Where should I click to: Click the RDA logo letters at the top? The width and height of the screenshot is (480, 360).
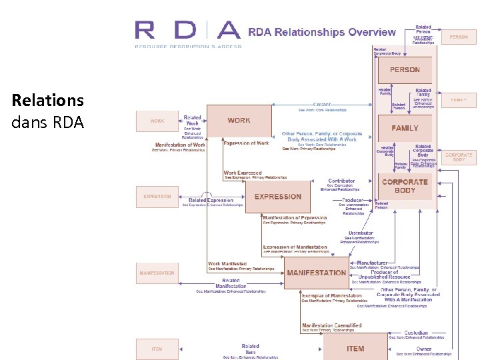click(187, 31)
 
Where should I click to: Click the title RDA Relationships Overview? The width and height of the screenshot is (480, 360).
click(321, 32)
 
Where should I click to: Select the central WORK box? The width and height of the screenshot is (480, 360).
click(239, 121)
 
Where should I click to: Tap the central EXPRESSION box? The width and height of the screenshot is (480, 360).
click(277, 197)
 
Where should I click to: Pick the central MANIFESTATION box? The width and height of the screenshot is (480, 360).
click(317, 273)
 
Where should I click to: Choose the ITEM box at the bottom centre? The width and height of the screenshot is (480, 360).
click(355, 348)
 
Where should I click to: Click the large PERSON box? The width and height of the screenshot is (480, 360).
click(405, 70)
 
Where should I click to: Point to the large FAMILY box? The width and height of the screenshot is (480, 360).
click(405, 128)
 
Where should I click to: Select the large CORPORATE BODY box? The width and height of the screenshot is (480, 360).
click(404, 186)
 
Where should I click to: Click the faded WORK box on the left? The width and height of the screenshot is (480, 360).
click(157, 121)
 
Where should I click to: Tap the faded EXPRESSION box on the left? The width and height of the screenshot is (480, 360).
click(157, 197)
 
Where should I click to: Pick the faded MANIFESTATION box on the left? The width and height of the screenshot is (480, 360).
click(157, 273)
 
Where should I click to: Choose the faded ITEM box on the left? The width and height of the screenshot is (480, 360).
click(157, 349)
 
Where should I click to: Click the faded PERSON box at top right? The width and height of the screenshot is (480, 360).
click(459, 37)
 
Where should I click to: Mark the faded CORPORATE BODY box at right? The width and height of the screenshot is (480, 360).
click(459, 157)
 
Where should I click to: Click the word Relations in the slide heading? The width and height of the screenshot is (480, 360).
click(48, 101)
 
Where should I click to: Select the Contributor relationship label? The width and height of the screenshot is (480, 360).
click(341, 181)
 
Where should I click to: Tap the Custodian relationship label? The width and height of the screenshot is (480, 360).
click(421, 333)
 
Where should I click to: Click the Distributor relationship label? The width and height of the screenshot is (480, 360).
click(361, 233)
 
